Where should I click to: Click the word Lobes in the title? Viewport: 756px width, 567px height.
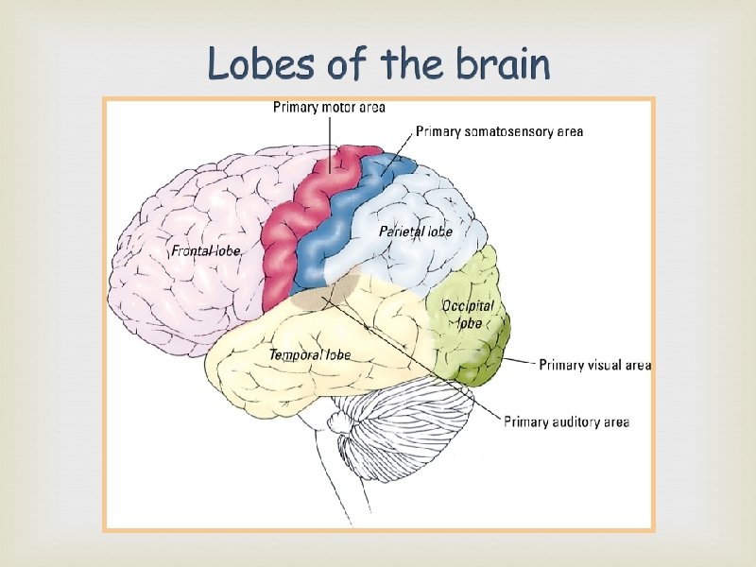[x=252, y=65]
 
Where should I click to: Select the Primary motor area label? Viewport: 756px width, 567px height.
[x=329, y=108]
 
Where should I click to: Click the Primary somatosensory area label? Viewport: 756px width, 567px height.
[x=499, y=131]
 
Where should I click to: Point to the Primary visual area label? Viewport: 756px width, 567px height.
[x=594, y=365]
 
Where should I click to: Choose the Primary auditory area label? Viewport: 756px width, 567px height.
[x=566, y=421]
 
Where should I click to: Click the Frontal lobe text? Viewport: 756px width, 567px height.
[x=205, y=251]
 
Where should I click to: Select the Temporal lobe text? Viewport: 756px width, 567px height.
[x=310, y=354]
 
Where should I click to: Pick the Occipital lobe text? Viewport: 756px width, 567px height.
[x=468, y=315]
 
